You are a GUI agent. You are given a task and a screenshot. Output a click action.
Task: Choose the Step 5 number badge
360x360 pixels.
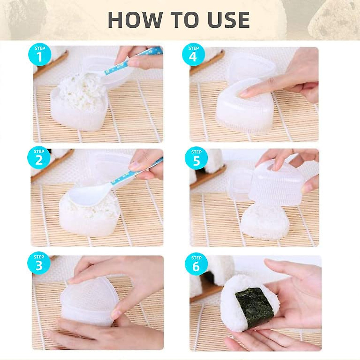(x=196, y=160)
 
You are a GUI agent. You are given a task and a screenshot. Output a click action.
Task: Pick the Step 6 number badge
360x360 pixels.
(x=196, y=265)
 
